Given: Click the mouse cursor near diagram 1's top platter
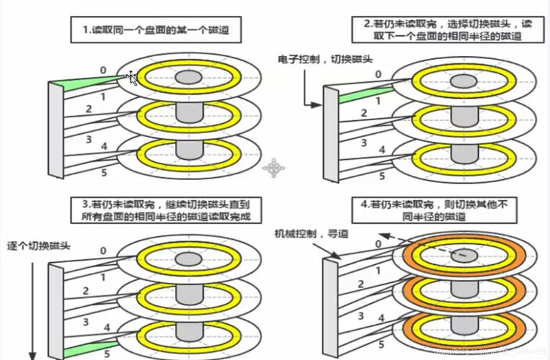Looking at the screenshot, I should tap(132, 77).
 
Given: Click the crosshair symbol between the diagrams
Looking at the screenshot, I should tap(274, 168).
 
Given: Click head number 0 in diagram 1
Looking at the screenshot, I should tap(103, 70).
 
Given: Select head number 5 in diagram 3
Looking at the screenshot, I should tap(107, 354).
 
